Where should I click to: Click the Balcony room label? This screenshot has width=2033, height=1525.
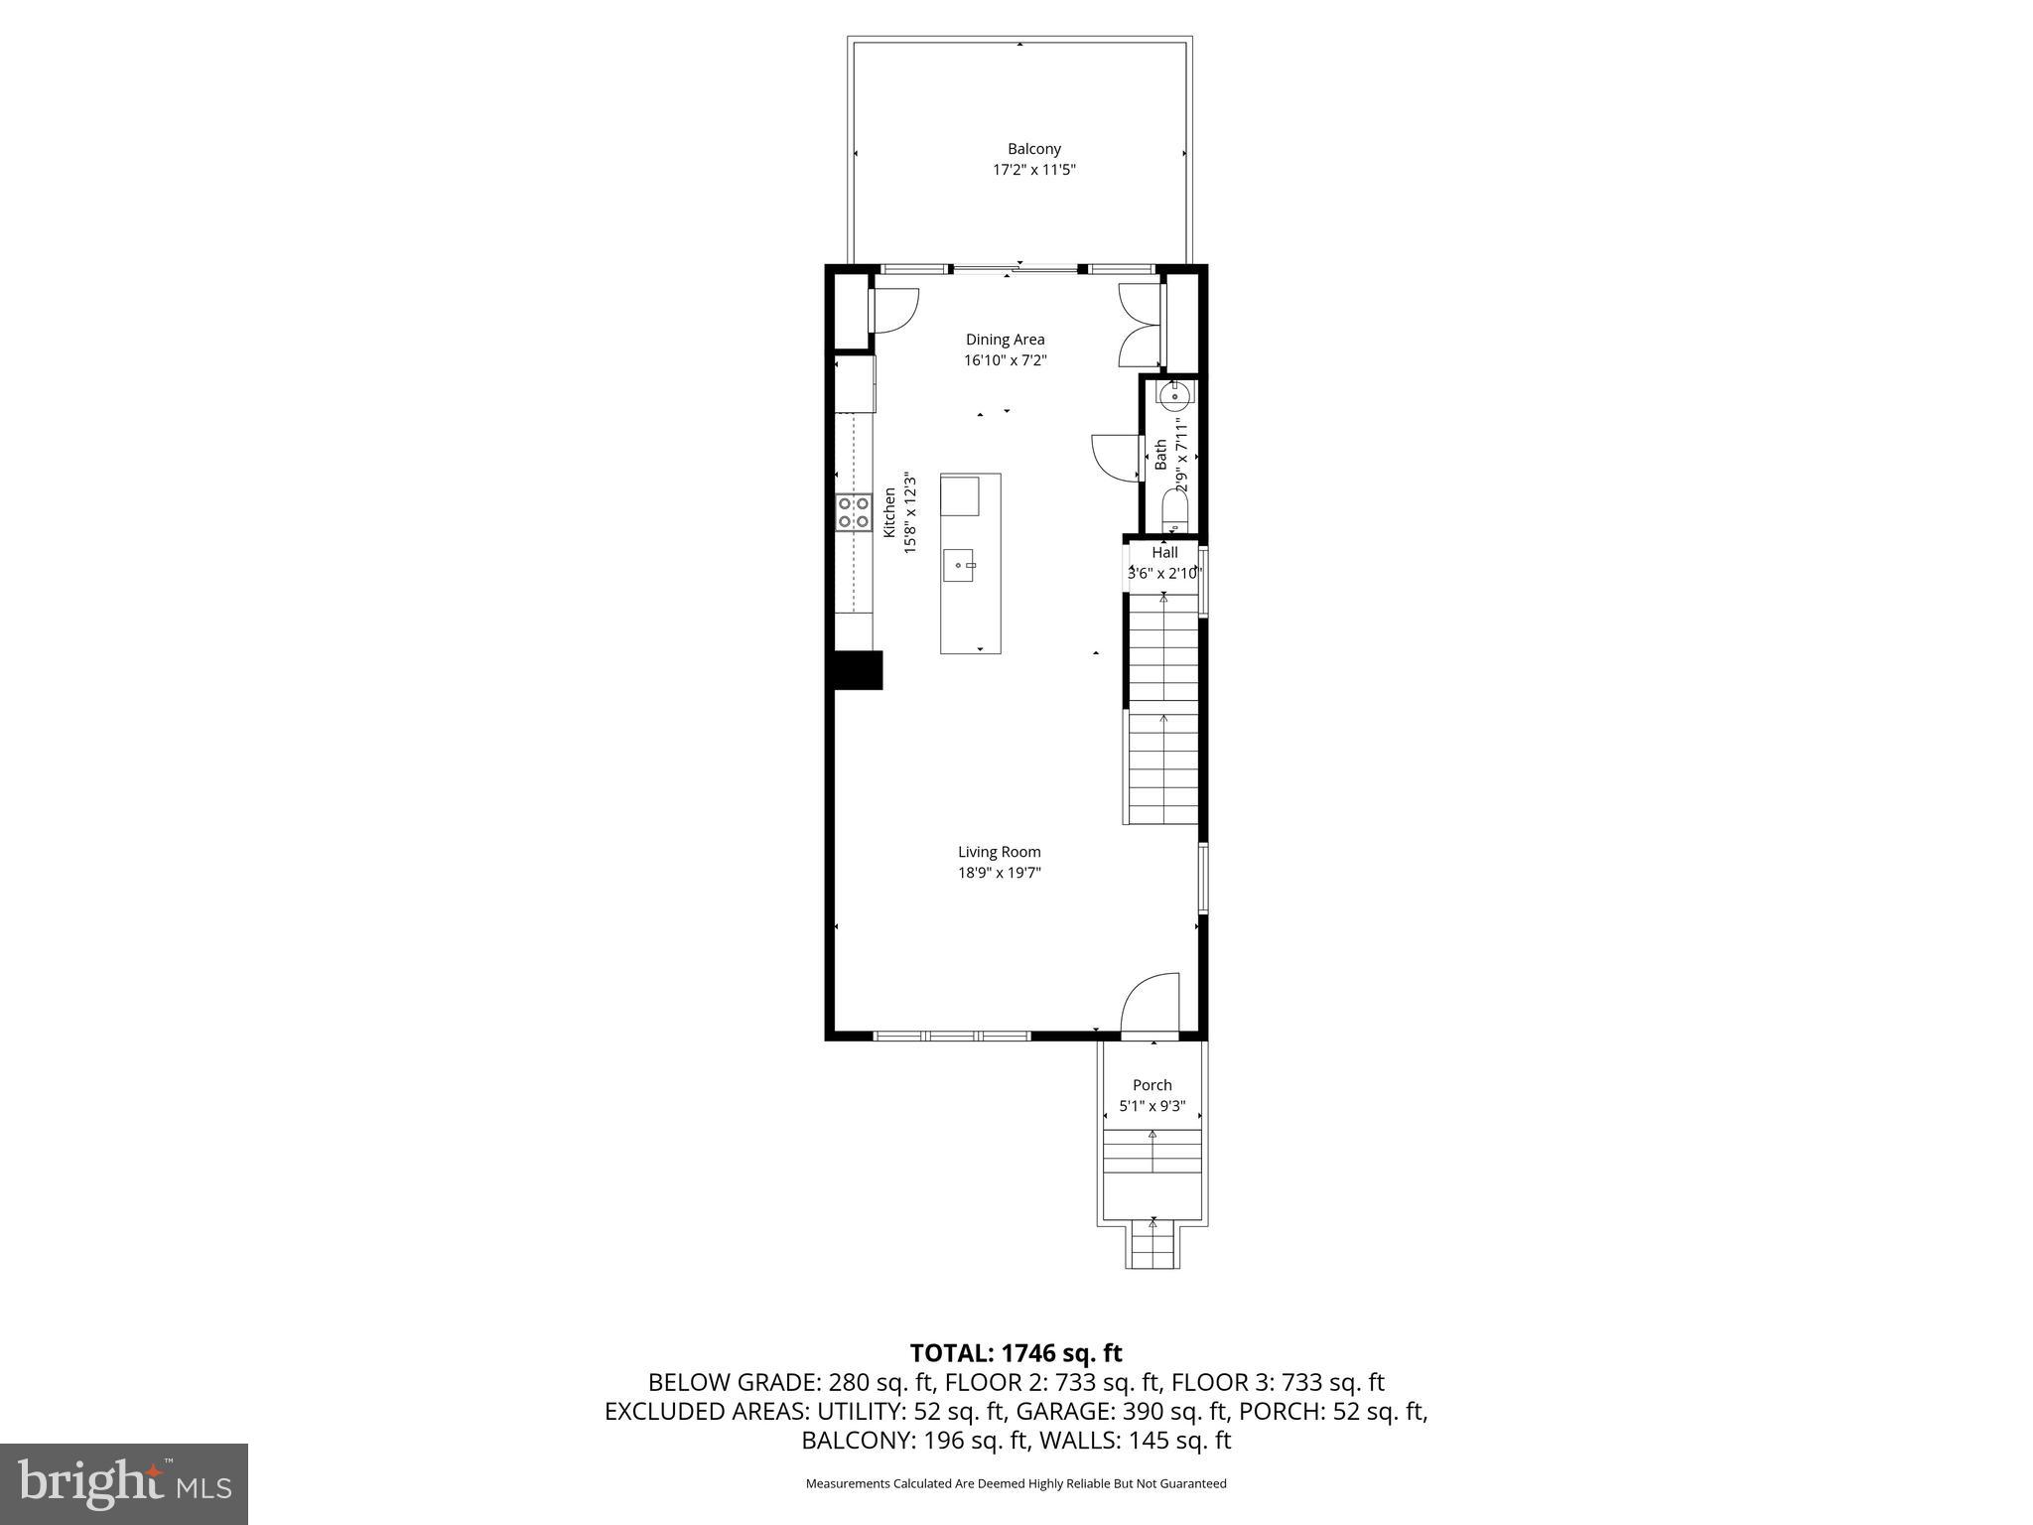click(1033, 149)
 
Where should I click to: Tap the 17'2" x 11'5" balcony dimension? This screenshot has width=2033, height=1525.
click(1033, 170)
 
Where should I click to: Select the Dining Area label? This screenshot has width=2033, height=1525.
click(1005, 340)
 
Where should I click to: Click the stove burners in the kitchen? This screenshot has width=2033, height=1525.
click(854, 512)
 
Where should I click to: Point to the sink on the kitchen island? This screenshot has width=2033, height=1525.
click(959, 566)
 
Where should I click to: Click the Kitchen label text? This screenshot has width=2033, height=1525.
click(889, 513)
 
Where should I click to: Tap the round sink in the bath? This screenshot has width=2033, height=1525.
click(1174, 396)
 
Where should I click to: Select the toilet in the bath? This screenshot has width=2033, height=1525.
click(1174, 512)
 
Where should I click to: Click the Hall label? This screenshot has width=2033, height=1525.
click(1164, 552)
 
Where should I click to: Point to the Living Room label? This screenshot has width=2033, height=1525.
click(999, 852)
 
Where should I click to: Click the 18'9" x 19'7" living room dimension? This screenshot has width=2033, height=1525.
click(999, 874)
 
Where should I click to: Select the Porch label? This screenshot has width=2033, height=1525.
click(1152, 1085)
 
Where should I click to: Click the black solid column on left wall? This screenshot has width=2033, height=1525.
click(857, 669)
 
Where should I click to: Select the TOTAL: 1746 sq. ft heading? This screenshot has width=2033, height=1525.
click(1016, 1353)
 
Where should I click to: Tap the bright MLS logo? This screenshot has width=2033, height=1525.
click(124, 1483)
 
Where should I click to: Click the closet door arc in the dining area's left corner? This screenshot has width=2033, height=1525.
click(896, 310)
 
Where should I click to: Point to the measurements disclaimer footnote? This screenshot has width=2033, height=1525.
click(1016, 1483)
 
